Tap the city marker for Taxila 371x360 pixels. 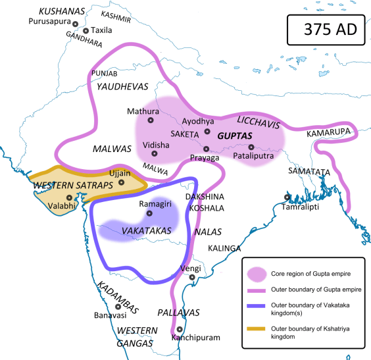(x=86, y=31)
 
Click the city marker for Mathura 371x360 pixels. (x=151, y=120)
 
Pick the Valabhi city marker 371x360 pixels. (x=68, y=196)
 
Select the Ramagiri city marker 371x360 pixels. (x=149, y=213)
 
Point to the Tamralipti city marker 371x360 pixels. (x=286, y=197)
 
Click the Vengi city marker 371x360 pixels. (x=191, y=278)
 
